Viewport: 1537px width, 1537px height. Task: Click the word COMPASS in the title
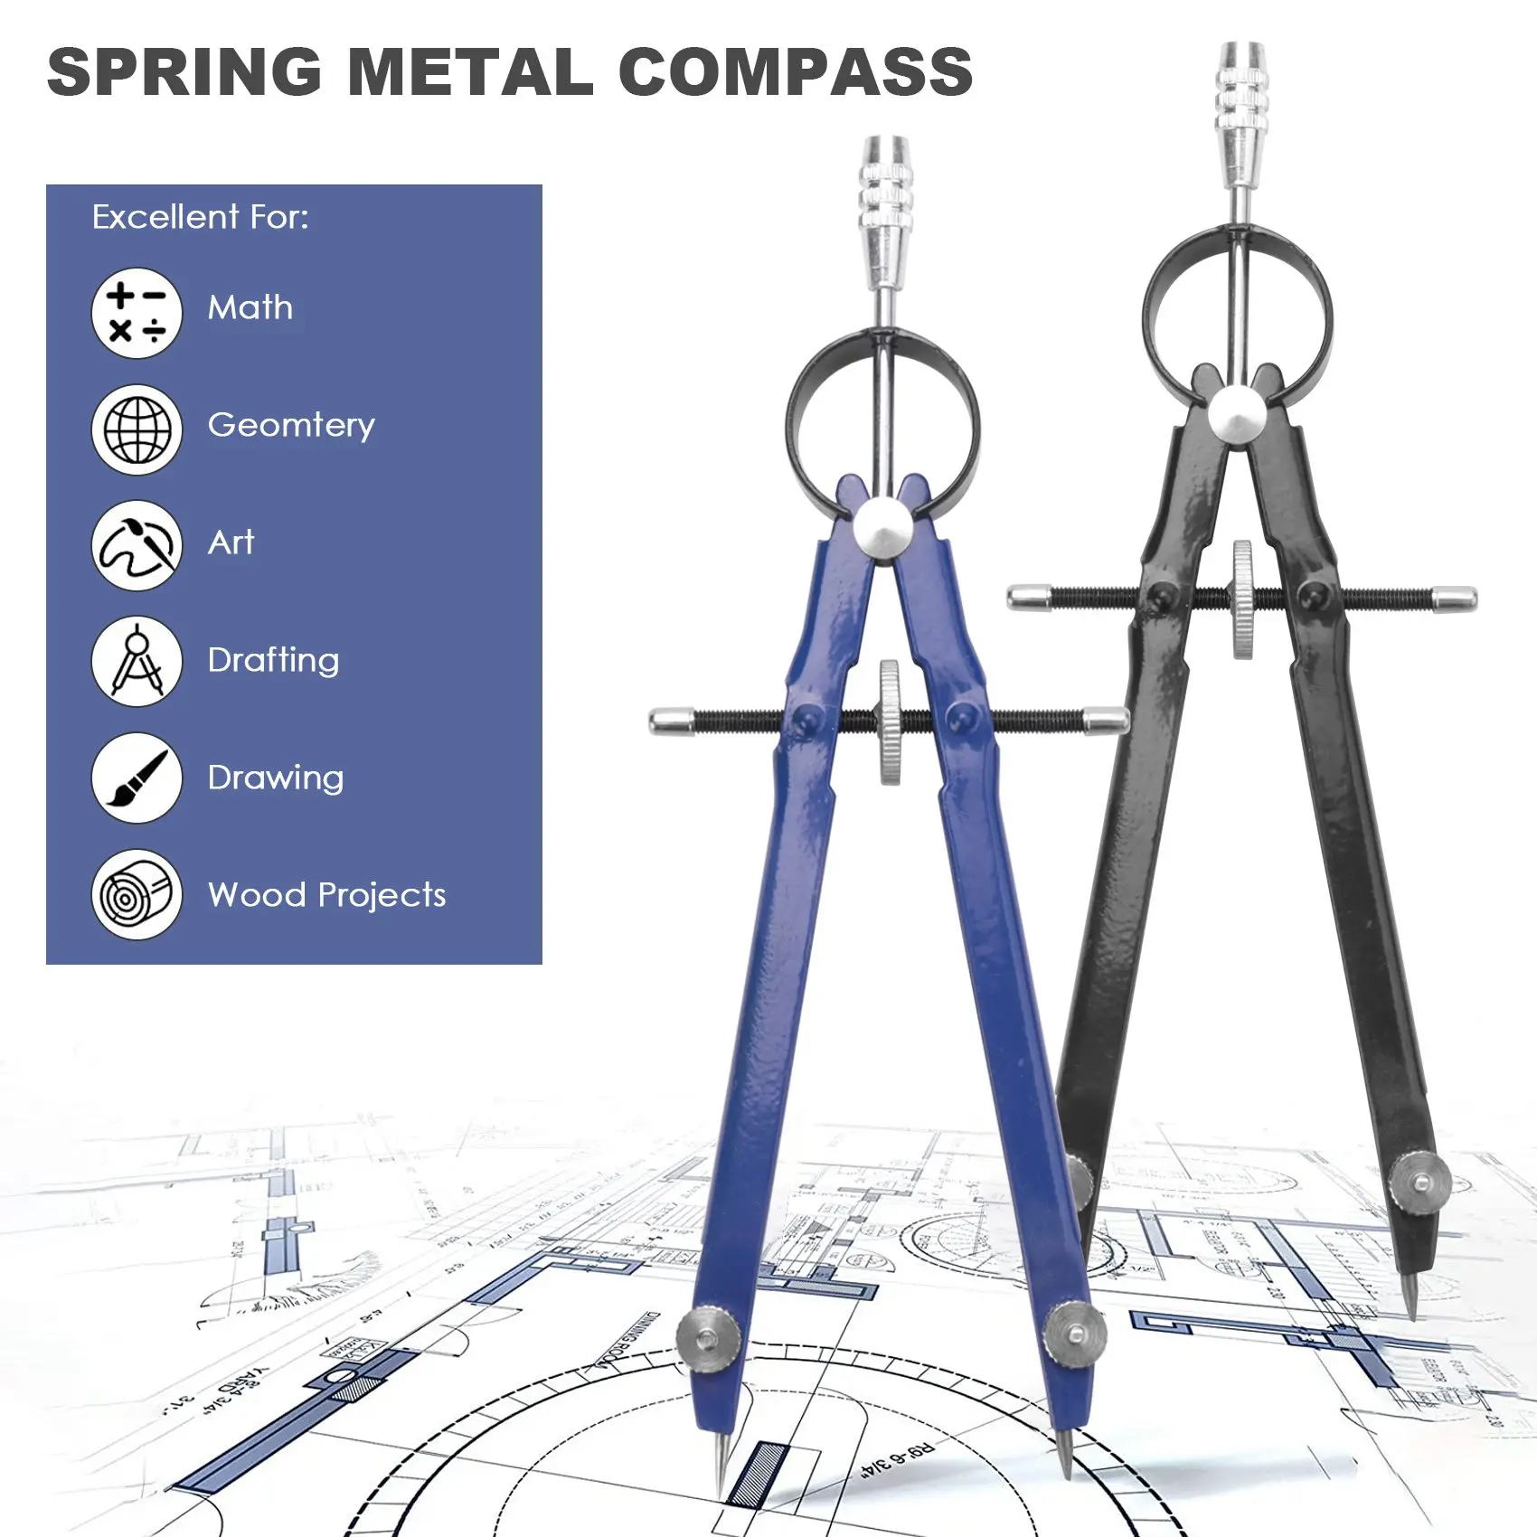795,72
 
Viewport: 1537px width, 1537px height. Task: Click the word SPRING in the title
184,72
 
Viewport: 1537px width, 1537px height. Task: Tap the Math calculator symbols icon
137,313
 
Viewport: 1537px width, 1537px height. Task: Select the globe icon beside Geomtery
137,429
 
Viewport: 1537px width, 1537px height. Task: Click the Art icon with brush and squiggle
137,545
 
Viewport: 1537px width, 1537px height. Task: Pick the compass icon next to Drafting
137,661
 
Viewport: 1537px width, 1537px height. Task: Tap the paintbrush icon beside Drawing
137,778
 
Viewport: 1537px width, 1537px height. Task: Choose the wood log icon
137,894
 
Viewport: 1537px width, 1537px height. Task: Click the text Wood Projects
326,894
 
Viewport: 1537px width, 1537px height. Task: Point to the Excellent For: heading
200,217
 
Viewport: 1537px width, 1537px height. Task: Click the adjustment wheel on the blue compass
890,721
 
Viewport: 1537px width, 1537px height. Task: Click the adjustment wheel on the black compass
1243,599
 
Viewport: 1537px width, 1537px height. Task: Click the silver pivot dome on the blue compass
883,528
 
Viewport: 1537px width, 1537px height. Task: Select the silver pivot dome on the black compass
1238,415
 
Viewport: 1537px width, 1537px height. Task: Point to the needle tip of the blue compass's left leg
721,1483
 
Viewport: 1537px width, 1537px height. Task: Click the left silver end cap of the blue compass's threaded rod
670,721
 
